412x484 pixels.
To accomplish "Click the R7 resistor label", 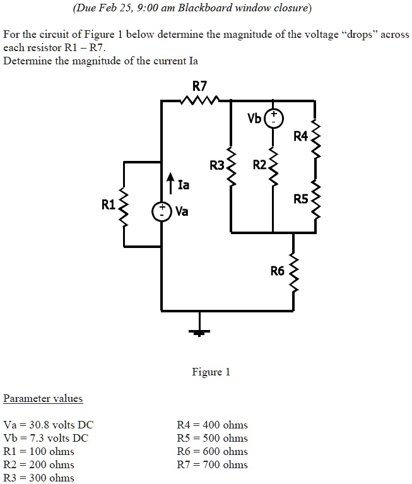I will click(199, 85).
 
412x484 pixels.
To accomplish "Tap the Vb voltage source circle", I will click(273, 118).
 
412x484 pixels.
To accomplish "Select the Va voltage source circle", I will click(162, 211).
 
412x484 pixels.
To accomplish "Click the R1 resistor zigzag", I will click(124, 204).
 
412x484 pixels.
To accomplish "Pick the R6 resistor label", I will click(278, 271).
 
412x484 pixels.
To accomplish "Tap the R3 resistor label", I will click(217, 166).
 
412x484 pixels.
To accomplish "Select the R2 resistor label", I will click(259, 165).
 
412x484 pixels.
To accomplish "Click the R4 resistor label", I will click(301, 136).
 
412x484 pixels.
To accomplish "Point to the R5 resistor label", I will click(301, 199).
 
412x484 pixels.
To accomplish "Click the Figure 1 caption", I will click(211, 372).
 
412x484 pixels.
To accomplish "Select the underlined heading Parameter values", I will click(43, 398).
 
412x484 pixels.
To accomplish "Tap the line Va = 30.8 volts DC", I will click(49, 425).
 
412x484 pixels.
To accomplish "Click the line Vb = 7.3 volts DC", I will click(46, 438).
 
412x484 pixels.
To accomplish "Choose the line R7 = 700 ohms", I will click(213, 464).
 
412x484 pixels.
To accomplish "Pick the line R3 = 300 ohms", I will click(38, 478).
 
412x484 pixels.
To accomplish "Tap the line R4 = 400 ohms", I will click(213, 425).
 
